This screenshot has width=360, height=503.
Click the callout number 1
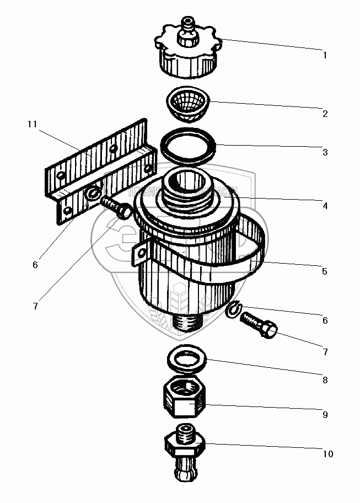(x=325, y=55)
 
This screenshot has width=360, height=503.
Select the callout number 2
(x=325, y=114)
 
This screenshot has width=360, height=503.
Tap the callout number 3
(x=325, y=152)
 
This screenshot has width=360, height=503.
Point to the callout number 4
(x=325, y=206)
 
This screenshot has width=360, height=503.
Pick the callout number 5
(x=325, y=271)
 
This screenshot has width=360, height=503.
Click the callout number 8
(x=325, y=380)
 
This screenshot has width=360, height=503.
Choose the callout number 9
(x=325, y=413)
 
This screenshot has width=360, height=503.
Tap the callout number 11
(x=32, y=125)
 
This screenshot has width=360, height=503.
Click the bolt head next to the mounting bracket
(x=125, y=210)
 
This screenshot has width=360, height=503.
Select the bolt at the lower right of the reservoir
(x=260, y=325)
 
